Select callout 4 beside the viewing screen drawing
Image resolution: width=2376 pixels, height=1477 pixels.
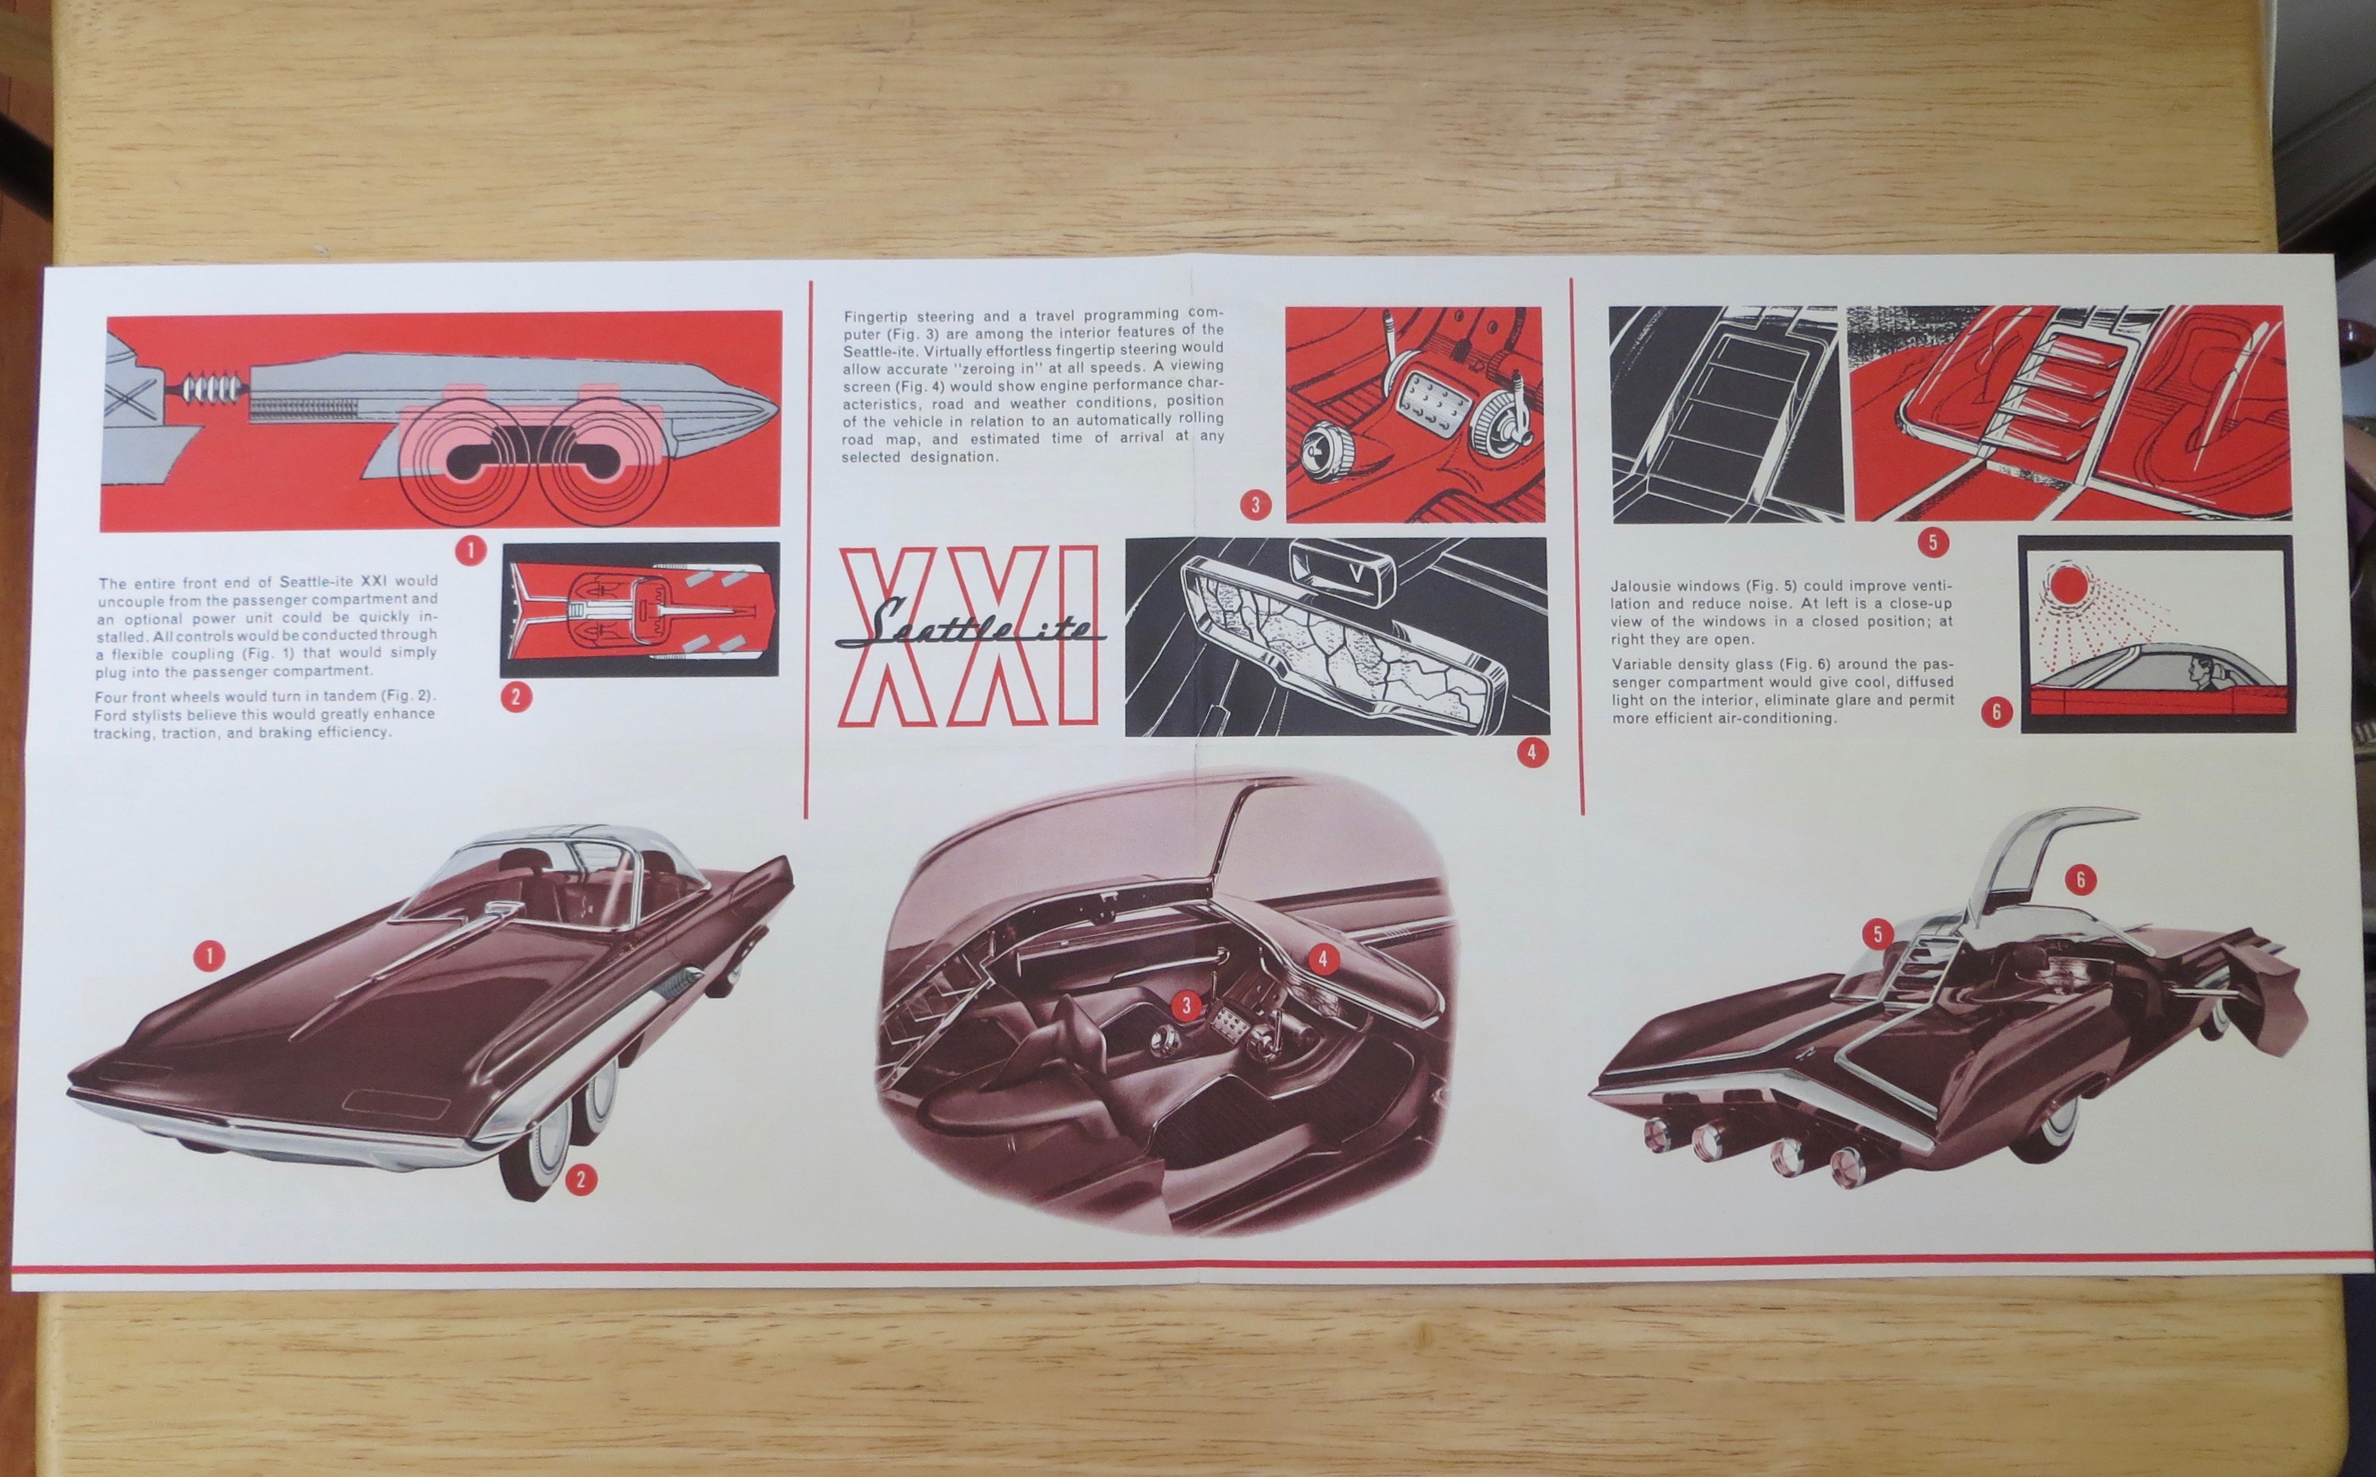pos(1532,752)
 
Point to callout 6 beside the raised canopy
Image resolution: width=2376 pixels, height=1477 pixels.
pos(2080,880)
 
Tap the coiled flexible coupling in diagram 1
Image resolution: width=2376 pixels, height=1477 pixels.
pos(212,388)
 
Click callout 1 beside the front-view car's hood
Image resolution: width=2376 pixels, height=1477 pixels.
pos(209,954)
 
